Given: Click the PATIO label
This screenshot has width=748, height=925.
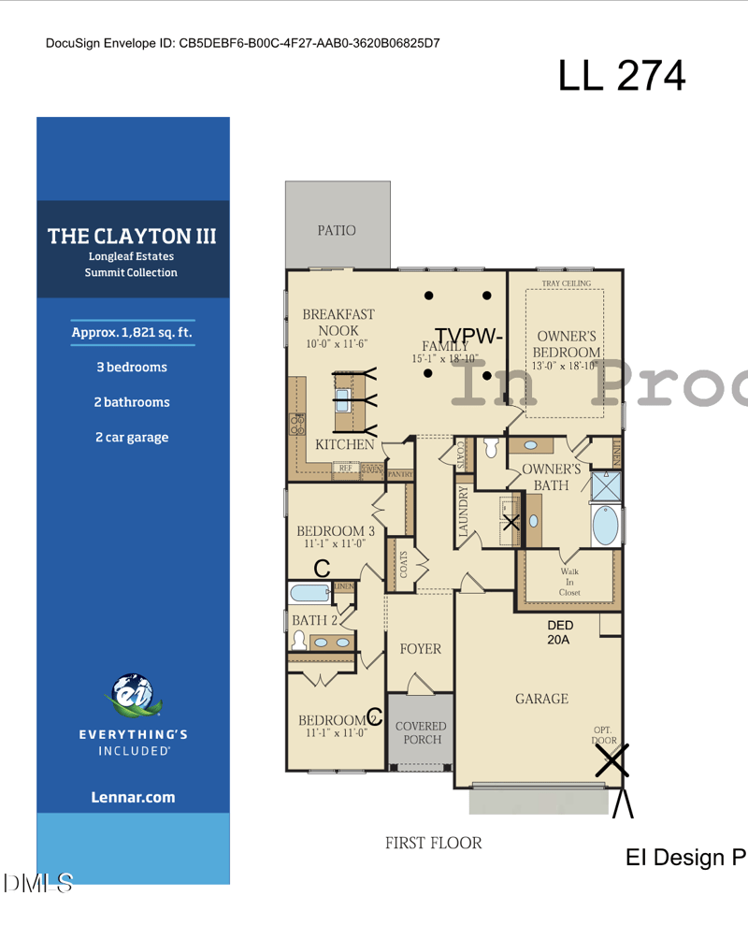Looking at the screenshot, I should click(x=337, y=230).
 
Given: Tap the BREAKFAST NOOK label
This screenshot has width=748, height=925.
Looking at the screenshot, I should click(x=338, y=322).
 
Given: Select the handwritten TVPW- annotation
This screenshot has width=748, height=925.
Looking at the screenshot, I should click(x=469, y=335).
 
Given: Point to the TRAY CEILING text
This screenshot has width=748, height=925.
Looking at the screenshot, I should click(x=566, y=282).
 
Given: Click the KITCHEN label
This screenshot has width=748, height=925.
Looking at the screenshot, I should click(x=344, y=444).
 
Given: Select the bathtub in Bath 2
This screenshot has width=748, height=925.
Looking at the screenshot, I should click(x=309, y=593).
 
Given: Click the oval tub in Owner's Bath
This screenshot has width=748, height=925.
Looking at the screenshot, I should click(x=606, y=526).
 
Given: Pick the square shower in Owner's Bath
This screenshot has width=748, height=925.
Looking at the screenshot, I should click(x=606, y=485).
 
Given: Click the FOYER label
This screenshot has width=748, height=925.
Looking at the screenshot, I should click(x=420, y=649).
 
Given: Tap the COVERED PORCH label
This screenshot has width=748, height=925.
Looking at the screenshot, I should click(x=421, y=732).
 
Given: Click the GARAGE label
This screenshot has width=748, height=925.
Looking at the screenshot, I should click(x=541, y=699).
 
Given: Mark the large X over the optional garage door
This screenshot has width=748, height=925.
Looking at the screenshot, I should click(x=612, y=761).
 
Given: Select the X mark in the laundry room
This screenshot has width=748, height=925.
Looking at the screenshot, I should click(x=511, y=522).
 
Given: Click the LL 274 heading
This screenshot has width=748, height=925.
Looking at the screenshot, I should click(x=622, y=76).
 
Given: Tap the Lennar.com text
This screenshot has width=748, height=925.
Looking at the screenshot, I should click(x=133, y=798).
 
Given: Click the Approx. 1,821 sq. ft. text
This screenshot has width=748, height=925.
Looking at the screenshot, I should click(x=133, y=332).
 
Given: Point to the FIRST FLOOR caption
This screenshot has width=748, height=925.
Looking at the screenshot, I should click(x=433, y=843).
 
